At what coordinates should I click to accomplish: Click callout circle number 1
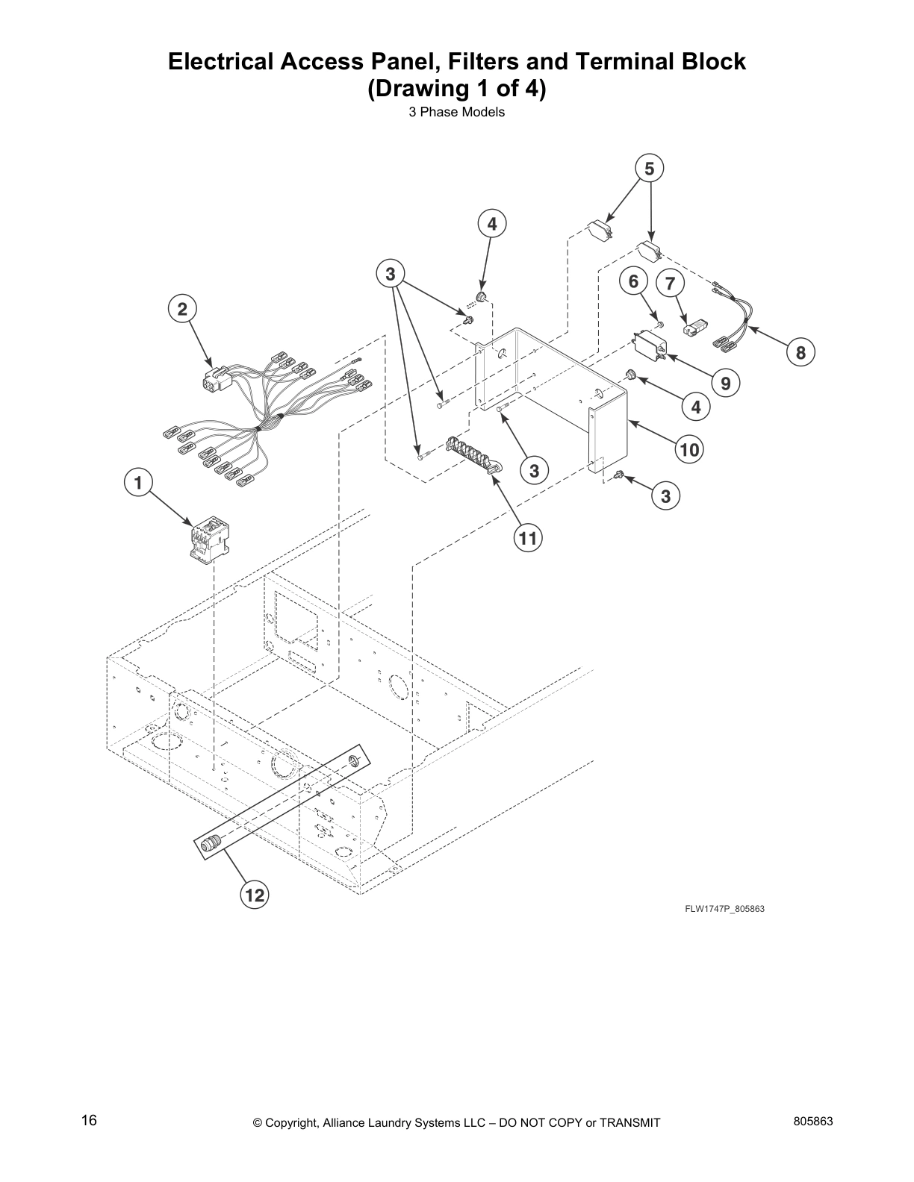pyautogui.click(x=138, y=483)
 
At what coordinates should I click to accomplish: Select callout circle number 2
pyautogui.click(x=182, y=308)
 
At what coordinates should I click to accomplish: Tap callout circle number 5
pyautogui.click(x=649, y=169)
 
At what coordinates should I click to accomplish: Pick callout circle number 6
pyautogui.click(x=634, y=281)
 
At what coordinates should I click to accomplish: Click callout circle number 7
pyautogui.click(x=670, y=284)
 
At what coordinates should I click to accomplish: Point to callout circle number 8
pyautogui.click(x=800, y=352)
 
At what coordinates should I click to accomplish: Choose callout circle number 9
pyautogui.click(x=725, y=384)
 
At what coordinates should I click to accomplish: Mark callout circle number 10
pyautogui.click(x=690, y=449)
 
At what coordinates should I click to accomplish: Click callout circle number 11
pyautogui.click(x=528, y=538)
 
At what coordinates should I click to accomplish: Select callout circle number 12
pyautogui.click(x=255, y=895)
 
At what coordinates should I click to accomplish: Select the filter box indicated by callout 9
pyautogui.click(x=650, y=346)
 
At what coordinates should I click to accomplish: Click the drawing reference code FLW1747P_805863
pyautogui.click(x=724, y=909)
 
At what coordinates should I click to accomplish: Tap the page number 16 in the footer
pyautogui.click(x=89, y=1121)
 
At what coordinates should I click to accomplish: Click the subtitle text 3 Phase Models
pyautogui.click(x=456, y=113)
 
